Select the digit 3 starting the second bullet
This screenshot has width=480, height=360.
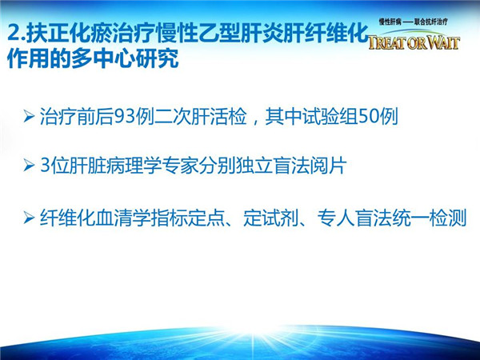45,166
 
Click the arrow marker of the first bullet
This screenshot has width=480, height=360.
29,117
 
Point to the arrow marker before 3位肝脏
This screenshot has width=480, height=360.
29,166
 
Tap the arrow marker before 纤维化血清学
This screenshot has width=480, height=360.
29,218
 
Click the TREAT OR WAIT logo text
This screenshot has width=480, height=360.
414,42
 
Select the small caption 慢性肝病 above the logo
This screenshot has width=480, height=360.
390,22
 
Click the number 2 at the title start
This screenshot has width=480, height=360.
14,33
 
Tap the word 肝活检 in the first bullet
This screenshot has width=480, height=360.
219,116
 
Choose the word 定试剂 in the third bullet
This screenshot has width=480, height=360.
271,218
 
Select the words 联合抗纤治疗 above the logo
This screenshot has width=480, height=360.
431,22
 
